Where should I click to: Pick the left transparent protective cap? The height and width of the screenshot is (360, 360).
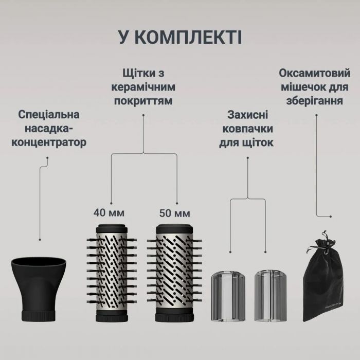229,296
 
